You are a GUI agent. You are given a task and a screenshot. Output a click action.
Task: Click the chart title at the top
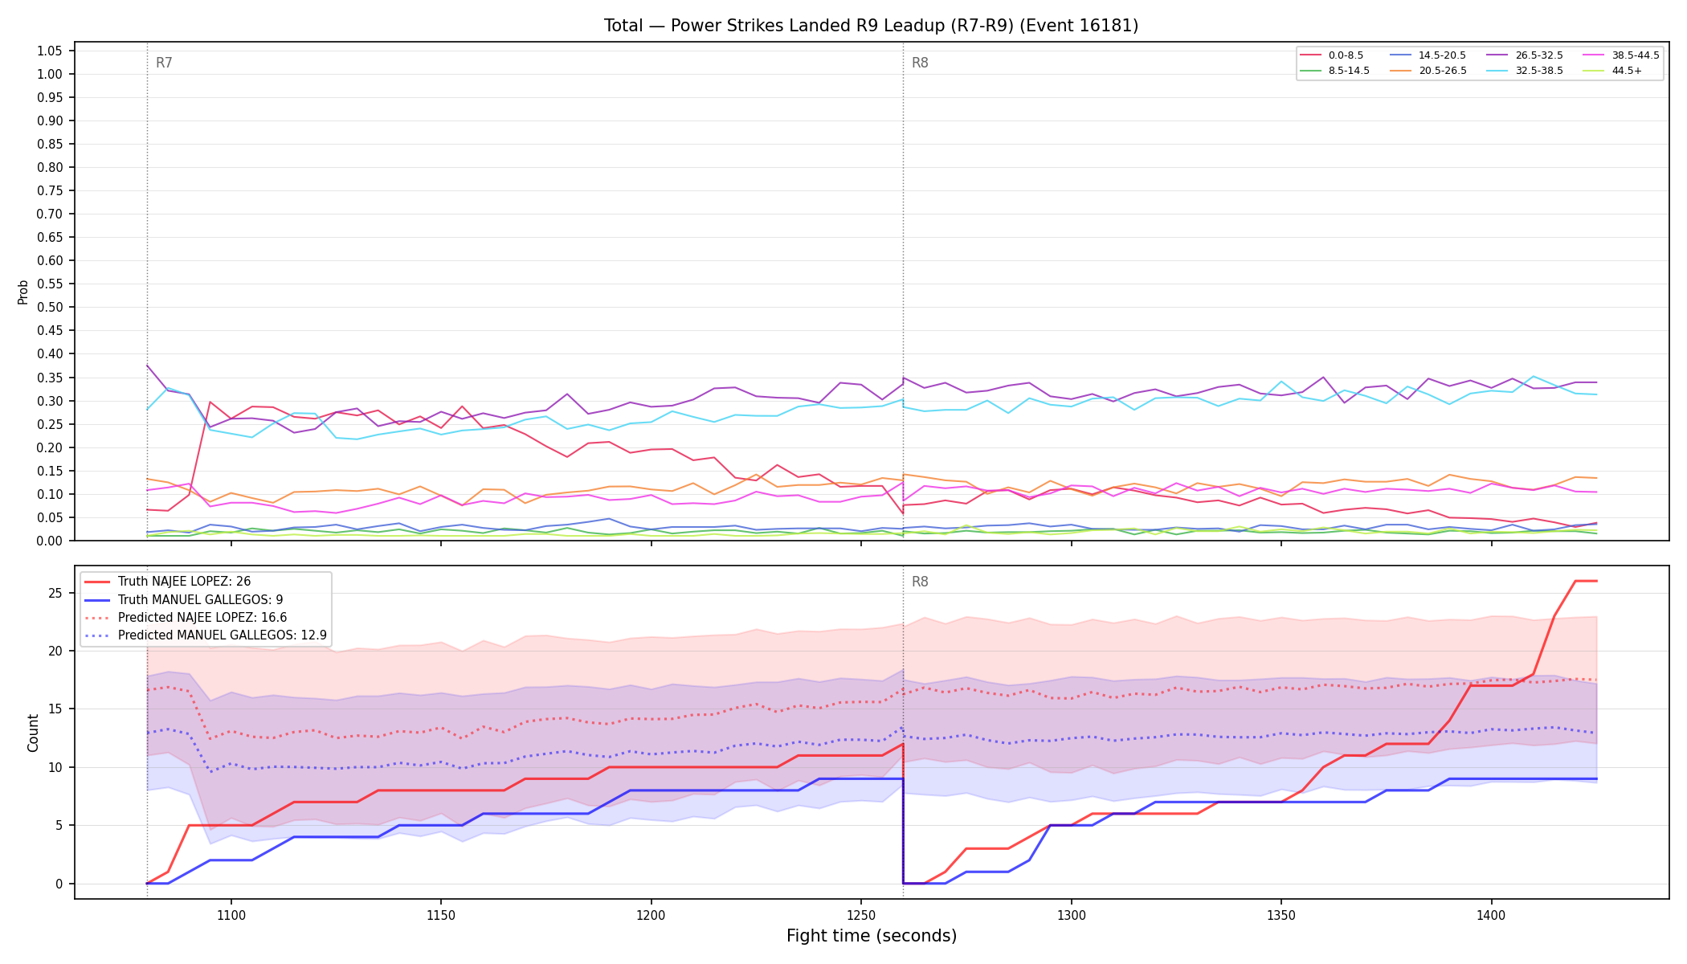[871, 26]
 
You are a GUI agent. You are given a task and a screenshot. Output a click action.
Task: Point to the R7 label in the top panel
[164, 63]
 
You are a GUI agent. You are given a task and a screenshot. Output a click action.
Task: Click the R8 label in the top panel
[920, 63]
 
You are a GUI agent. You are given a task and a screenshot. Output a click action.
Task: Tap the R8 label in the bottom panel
[920, 582]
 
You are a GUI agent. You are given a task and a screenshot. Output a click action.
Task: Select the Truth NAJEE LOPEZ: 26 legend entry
[184, 582]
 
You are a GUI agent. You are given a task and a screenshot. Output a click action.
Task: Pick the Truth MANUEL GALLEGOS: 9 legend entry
[200, 600]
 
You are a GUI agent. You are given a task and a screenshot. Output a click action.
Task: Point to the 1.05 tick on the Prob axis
[49, 51]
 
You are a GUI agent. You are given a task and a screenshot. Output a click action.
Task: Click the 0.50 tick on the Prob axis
[49, 307]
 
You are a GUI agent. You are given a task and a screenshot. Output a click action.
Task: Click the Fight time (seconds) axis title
[872, 936]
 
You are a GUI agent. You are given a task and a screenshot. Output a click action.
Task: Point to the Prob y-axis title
[22, 292]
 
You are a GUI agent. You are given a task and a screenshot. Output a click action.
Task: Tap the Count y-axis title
[33, 733]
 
